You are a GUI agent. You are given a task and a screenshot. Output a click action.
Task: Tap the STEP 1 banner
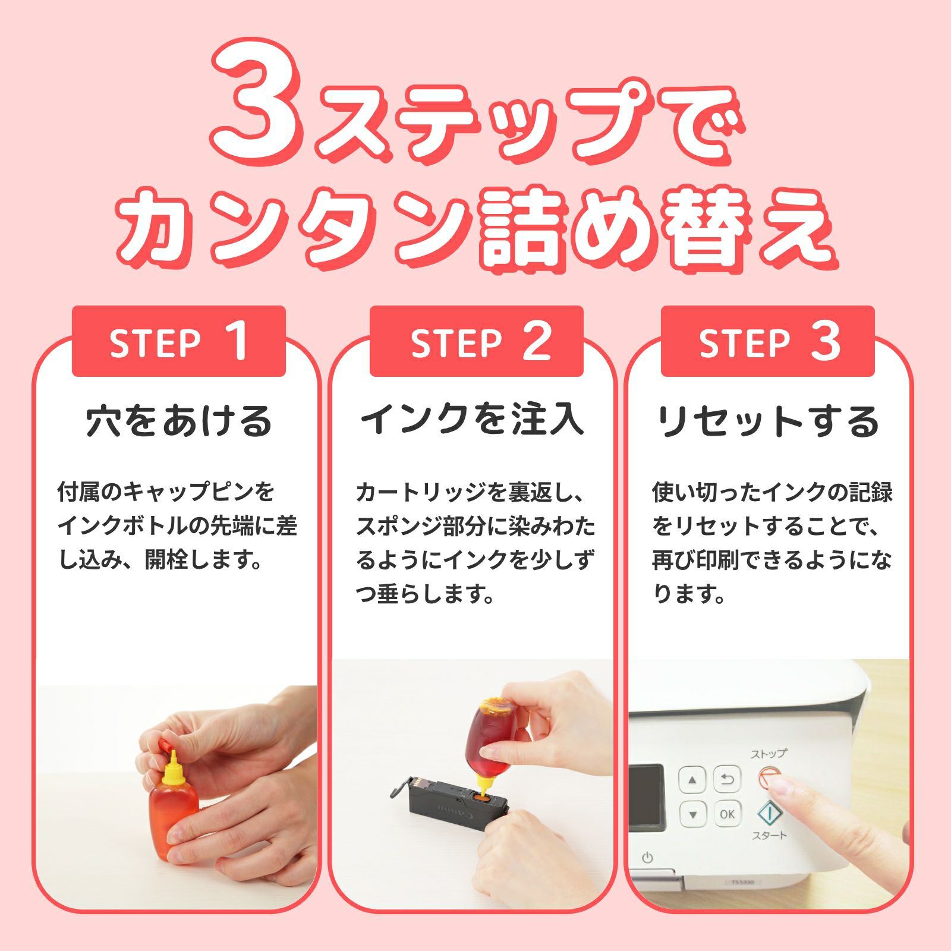coord(179,341)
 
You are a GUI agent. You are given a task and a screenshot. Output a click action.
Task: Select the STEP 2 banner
coord(476,341)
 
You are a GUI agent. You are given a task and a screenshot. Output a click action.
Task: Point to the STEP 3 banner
coord(768,341)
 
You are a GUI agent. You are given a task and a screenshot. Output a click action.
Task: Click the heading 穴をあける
coord(179,421)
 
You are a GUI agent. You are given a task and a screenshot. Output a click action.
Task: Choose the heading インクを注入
coord(473,420)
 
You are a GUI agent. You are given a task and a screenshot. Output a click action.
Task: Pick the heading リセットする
coord(767,421)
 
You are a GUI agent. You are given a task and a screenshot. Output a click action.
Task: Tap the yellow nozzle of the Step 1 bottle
coord(172,767)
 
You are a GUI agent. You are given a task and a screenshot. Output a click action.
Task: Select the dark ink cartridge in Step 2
coord(450,799)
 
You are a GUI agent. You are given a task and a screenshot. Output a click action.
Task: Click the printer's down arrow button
coord(692,814)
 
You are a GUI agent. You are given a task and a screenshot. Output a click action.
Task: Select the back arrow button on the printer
coord(727,779)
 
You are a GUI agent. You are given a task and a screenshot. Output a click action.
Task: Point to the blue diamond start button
coord(769,813)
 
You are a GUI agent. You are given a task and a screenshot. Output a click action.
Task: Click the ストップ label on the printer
coord(769,754)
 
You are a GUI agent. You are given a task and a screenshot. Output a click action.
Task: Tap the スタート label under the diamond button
coord(769,835)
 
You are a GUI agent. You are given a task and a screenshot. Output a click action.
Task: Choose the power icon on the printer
coord(647,858)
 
